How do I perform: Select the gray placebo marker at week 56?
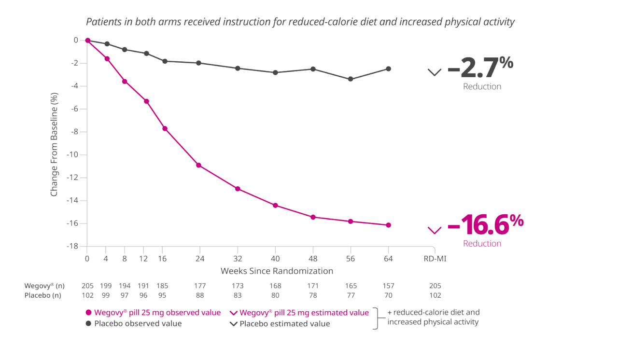pyautogui.click(x=351, y=79)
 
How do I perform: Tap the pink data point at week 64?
pyautogui.click(x=388, y=225)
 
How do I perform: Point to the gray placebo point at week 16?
pyautogui.click(x=165, y=61)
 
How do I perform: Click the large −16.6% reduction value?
pyautogui.click(x=485, y=223)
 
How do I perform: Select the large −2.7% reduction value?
pyautogui.click(x=480, y=68)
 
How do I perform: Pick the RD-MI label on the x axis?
pyautogui.click(x=435, y=258)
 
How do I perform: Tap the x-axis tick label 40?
pyautogui.click(x=275, y=258)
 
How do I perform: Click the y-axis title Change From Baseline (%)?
pyautogui.click(x=54, y=144)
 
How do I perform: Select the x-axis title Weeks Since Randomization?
pyautogui.click(x=277, y=271)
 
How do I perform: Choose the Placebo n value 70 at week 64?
pyautogui.click(x=388, y=295)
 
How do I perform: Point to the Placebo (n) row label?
pyautogui.click(x=43, y=295)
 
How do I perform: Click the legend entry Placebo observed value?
pyautogui.click(x=138, y=323)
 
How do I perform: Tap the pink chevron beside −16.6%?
pyautogui.click(x=435, y=230)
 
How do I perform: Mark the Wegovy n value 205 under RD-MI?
pyautogui.click(x=435, y=286)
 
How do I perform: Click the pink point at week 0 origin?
pyautogui.click(x=87, y=41)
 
